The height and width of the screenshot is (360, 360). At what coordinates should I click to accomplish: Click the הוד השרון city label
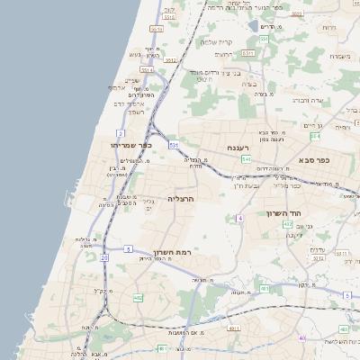pos(281,213)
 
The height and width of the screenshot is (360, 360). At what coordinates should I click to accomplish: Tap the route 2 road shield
pos(120,132)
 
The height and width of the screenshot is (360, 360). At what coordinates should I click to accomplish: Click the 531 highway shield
pos(173,144)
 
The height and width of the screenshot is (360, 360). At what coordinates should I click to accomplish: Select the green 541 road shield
pos(246,159)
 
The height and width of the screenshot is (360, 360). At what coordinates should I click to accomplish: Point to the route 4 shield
pos(240,219)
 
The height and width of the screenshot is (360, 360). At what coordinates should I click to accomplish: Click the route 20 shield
pos(104,258)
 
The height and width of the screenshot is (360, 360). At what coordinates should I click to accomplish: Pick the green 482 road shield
pos(138,298)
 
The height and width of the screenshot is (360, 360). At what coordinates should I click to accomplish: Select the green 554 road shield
pos(314,136)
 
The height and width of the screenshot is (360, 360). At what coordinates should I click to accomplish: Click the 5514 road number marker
pos(147,69)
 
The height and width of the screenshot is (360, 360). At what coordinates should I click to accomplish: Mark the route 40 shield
pos(301,338)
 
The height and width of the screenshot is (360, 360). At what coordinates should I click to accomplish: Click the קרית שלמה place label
pos(216,42)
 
